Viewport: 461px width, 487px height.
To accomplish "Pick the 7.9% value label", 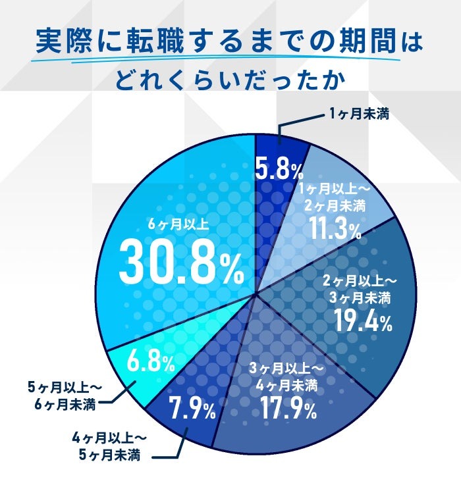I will (x=192, y=411).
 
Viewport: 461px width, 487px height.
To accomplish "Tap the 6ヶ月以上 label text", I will (x=179, y=224).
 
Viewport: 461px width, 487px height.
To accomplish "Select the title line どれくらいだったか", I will (x=230, y=81).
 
